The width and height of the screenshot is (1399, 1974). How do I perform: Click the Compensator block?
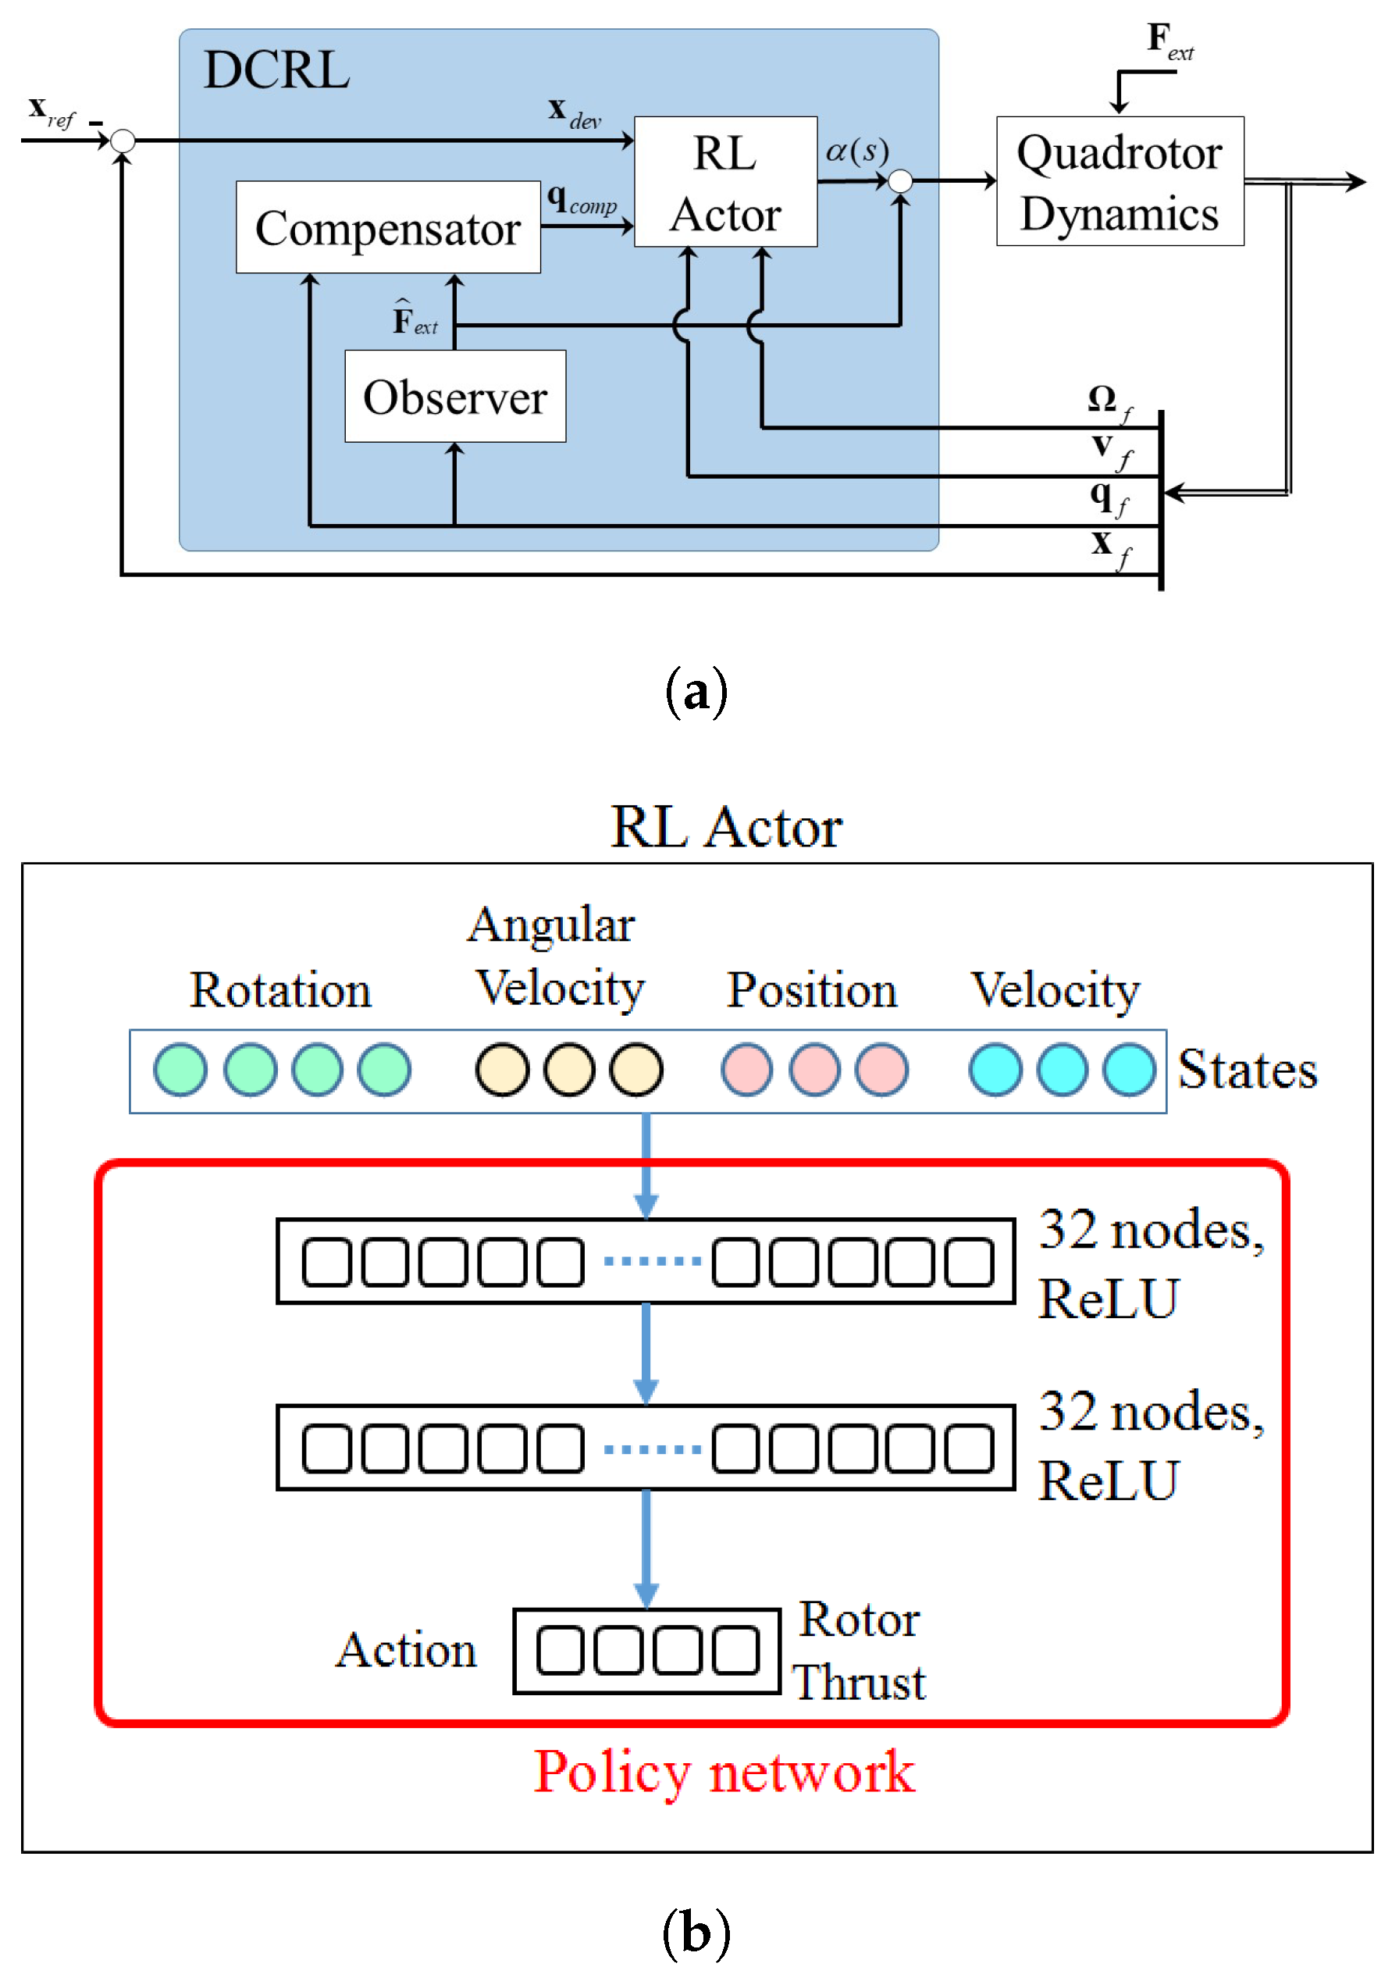[x=388, y=227]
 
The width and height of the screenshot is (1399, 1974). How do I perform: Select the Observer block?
[x=455, y=397]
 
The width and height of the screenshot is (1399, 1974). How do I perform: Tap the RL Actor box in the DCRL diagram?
[x=725, y=183]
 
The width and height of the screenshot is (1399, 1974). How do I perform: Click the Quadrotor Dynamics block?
[x=1119, y=182]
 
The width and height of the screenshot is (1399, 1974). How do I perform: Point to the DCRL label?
[x=276, y=70]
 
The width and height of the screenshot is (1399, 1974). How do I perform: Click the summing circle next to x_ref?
[x=123, y=141]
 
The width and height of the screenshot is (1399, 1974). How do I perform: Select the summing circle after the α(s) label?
[x=899, y=181]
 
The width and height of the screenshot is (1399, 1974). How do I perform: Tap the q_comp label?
[x=582, y=200]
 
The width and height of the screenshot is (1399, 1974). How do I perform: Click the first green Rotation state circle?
[x=180, y=1069]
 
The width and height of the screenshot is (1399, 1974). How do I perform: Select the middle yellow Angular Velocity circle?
[x=568, y=1069]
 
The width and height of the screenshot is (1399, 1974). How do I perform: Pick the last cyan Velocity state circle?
[x=1129, y=1069]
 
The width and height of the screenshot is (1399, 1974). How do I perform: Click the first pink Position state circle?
[x=746, y=1069]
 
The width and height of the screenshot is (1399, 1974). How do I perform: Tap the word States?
[x=1247, y=1069]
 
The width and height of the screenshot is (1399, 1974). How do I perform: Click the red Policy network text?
[x=724, y=1773]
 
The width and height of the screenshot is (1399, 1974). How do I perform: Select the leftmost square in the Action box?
[x=560, y=1650]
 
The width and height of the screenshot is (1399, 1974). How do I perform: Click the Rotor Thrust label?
[x=859, y=1650]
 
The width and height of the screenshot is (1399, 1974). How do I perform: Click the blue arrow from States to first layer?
[x=646, y=1163]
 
